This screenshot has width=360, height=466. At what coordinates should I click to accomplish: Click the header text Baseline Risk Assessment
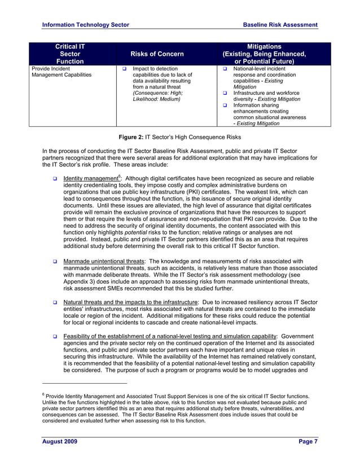tap(280, 25)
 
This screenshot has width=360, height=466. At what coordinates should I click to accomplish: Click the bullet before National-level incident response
tap(225, 69)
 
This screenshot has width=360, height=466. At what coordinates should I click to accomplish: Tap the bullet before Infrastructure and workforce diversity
tap(225, 93)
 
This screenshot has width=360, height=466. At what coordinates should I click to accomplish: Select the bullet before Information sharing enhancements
tap(225, 105)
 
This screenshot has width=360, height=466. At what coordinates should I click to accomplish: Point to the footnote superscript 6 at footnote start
tap(44, 395)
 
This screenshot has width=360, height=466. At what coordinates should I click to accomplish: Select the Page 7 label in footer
tap(308, 441)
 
